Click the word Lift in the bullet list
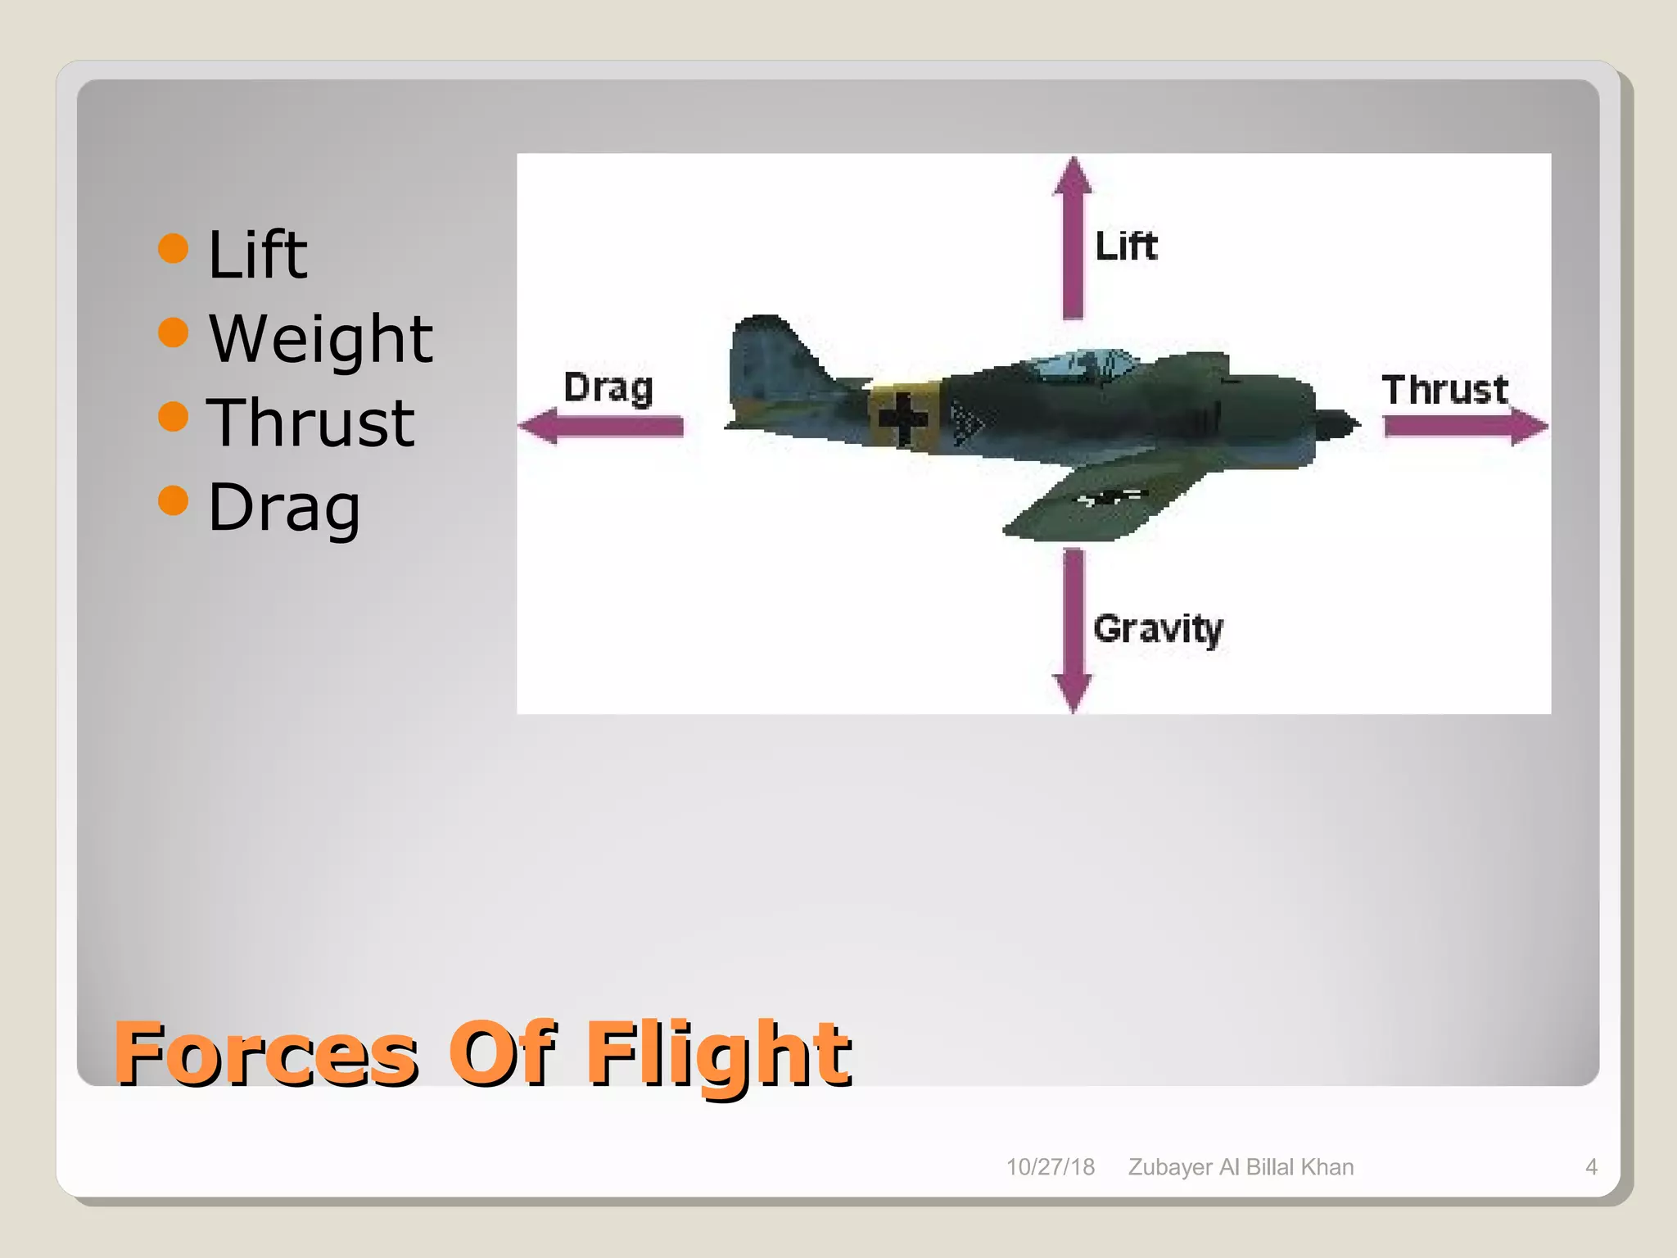tap(257, 255)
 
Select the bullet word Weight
tap(320, 339)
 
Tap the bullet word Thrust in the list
tap(310, 423)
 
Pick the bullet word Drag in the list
tap(283, 508)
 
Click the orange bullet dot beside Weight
tap(174, 332)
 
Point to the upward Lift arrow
tap(1073, 238)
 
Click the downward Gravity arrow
tap(1073, 631)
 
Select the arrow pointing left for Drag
tap(602, 427)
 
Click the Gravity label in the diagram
tap(1158, 629)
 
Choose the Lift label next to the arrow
tap(1126, 246)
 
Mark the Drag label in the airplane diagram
tap(608, 387)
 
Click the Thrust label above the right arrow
tap(1444, 389)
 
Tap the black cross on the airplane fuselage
tap(903, 419)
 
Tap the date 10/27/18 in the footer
tap(1050, 1167)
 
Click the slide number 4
tap(1591, 1167)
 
